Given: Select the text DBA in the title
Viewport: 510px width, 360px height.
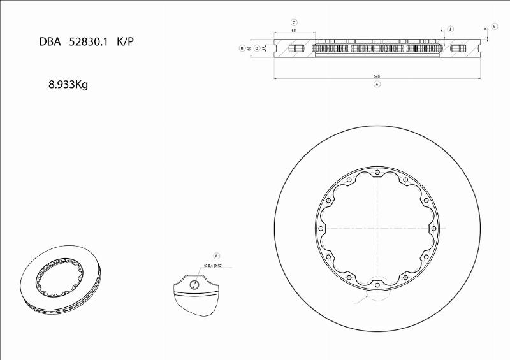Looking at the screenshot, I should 50,42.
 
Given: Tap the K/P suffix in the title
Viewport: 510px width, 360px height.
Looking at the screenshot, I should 126,42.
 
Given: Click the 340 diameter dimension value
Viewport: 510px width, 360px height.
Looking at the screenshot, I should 377,76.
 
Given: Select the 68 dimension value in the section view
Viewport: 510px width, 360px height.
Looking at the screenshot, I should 294,30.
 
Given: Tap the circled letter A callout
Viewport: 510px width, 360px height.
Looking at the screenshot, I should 377,84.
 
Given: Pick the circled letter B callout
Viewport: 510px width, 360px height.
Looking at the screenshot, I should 242,48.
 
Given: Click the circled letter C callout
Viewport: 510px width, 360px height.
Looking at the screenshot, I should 294,22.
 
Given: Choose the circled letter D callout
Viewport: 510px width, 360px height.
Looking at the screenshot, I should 257,48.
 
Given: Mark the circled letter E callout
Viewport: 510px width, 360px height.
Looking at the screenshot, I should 495,26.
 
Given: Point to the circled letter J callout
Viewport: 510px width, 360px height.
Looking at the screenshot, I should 450,29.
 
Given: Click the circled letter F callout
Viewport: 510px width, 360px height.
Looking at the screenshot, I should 216,256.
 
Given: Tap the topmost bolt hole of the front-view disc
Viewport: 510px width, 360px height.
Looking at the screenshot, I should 377,172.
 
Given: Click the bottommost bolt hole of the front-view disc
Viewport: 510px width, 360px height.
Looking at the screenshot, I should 377,285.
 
